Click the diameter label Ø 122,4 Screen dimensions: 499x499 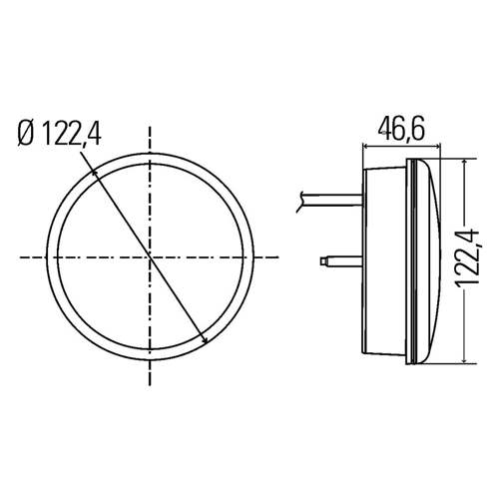pos(60,133)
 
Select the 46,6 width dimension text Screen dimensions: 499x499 pos(401,129)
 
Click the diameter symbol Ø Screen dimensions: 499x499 pos(26,134)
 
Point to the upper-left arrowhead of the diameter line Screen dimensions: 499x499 pos(94,173)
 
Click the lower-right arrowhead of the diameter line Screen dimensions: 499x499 pos(206,339)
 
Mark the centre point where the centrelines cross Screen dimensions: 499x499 pos(150,257)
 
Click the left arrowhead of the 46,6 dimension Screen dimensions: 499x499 pos(365,146)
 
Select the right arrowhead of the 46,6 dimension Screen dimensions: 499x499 pos(438,146)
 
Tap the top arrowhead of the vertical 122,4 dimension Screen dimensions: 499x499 pos(464,162)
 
